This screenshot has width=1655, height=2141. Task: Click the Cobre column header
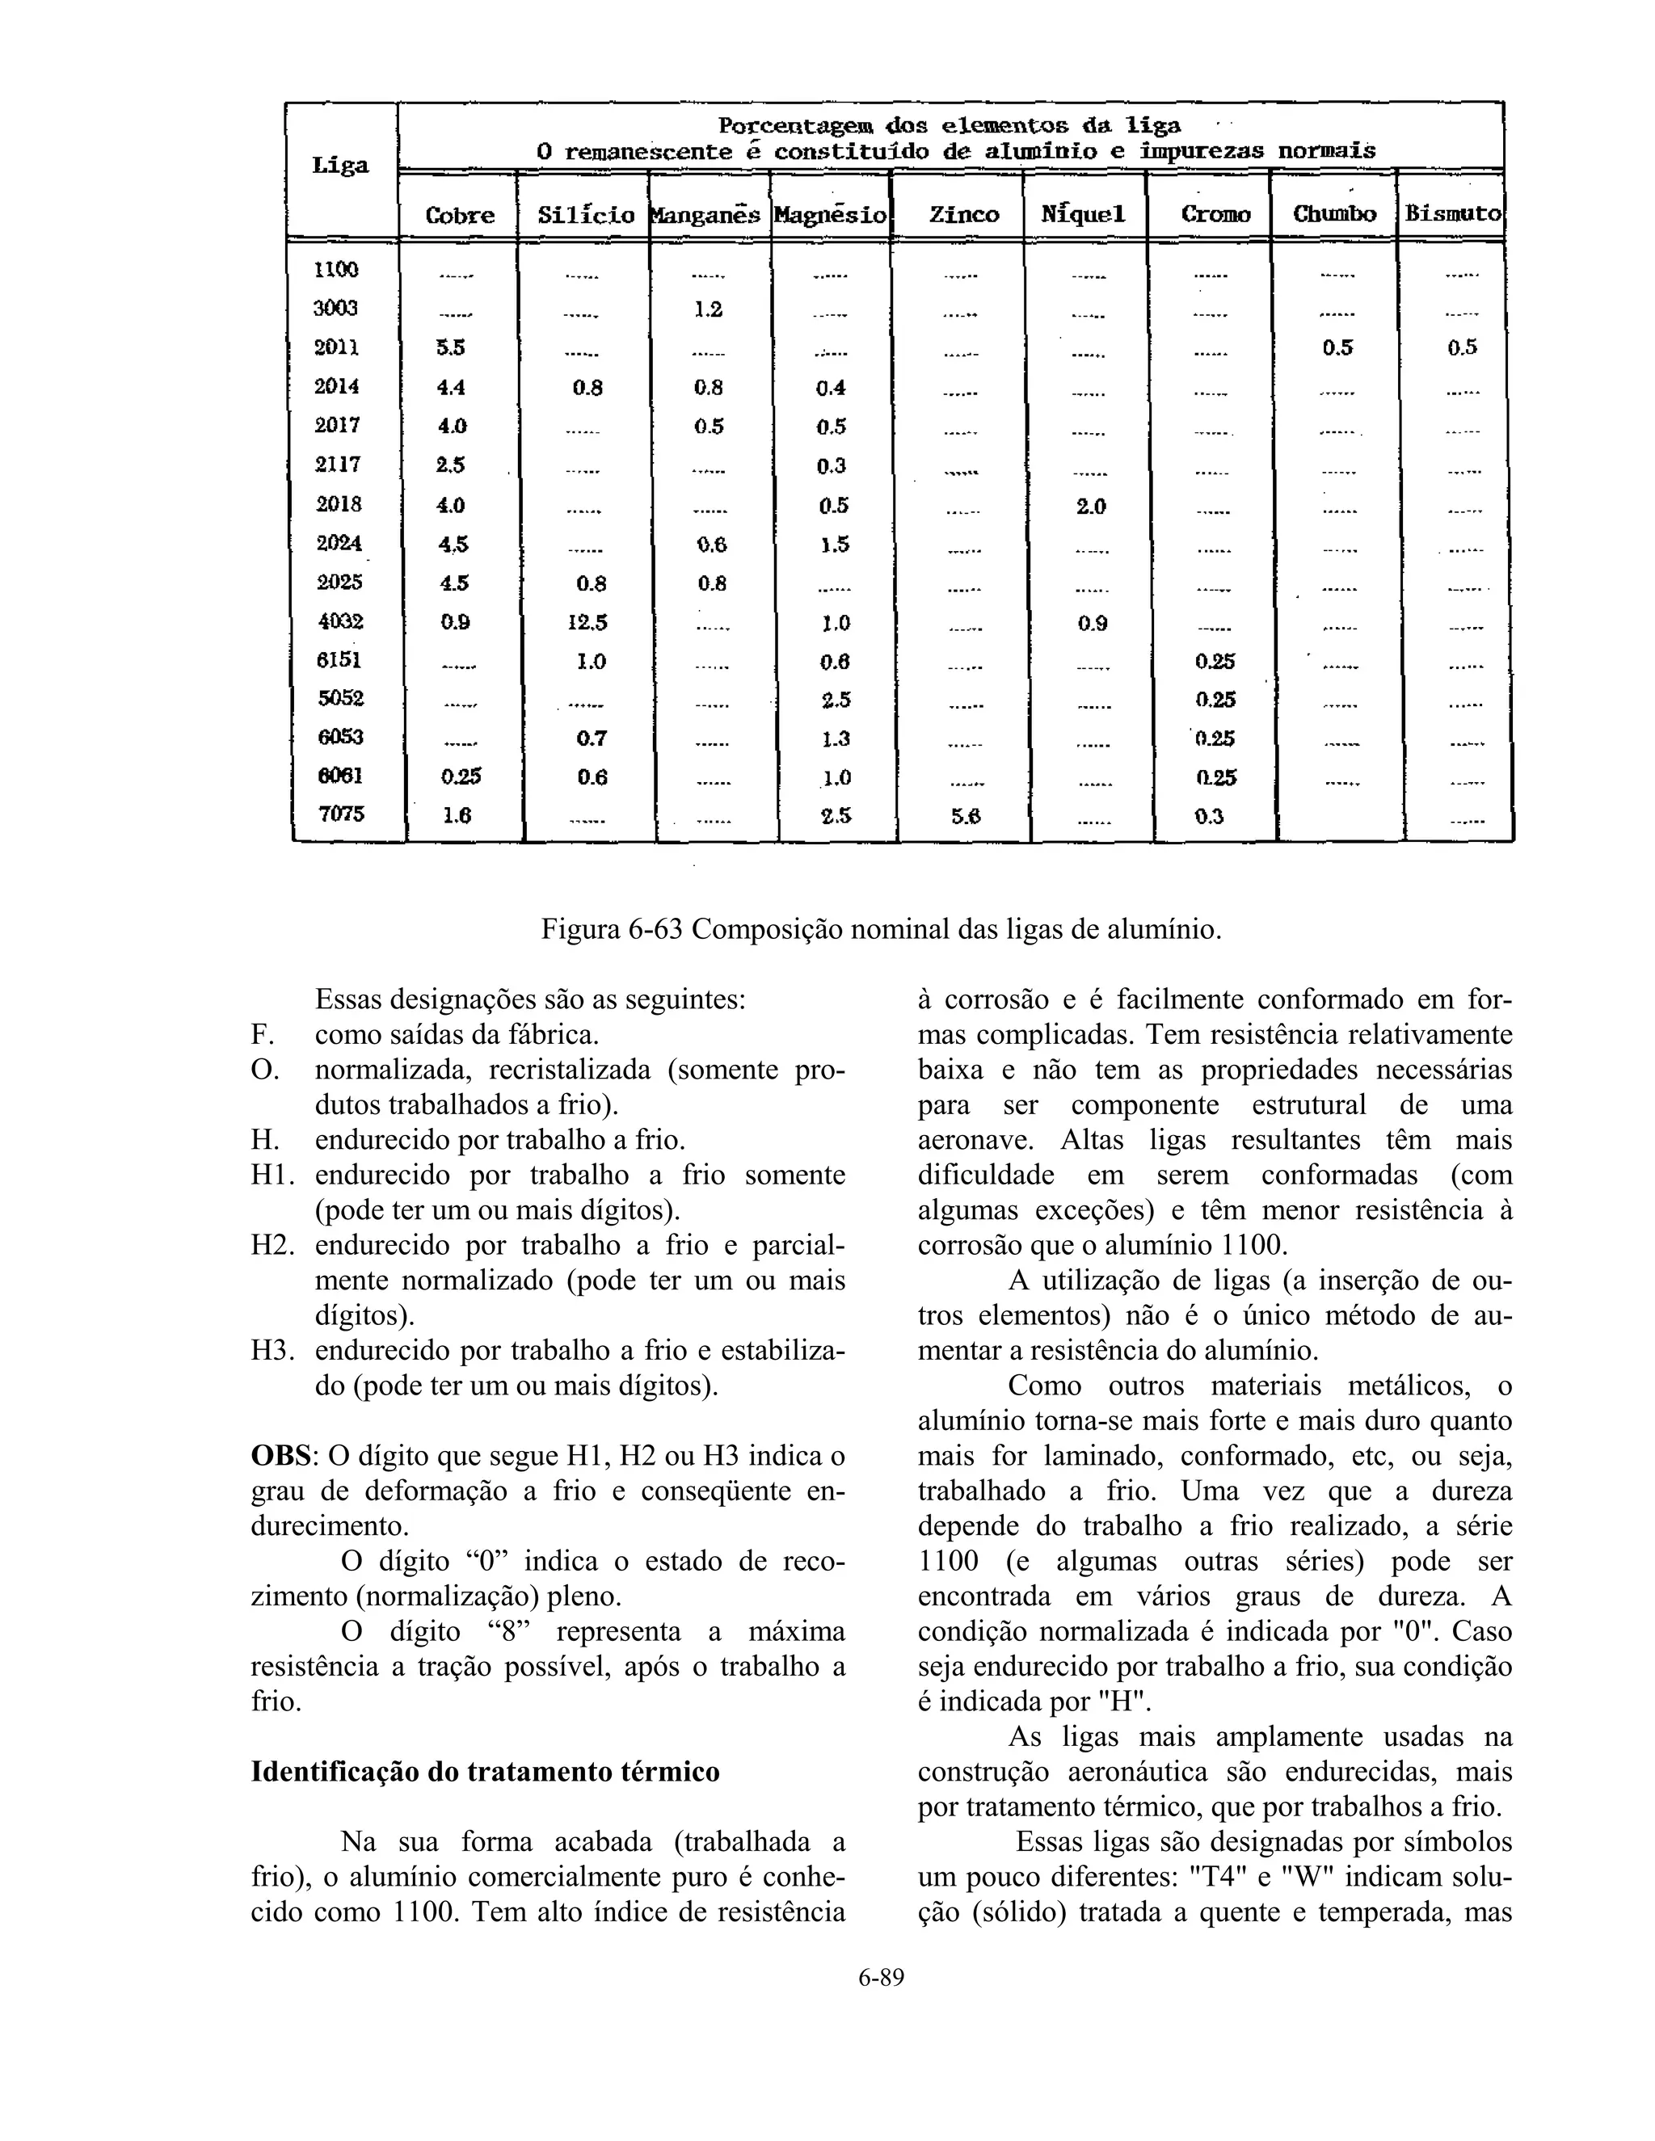[460, 215]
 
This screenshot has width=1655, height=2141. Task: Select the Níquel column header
[1084, 215]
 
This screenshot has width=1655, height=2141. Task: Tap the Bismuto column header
[1452, 212]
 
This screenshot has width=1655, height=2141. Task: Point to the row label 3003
[336, 309]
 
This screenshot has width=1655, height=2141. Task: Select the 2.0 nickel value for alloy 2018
[1090, 507]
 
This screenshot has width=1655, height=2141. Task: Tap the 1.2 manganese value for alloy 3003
[708, 309]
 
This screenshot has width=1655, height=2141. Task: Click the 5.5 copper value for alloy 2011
[451, 348]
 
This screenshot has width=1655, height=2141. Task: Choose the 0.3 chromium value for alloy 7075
[1209, 816]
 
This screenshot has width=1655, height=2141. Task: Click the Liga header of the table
[340, 166]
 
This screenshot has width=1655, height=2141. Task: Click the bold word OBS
[280, 1456]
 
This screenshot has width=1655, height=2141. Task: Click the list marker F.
[261, 1034]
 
